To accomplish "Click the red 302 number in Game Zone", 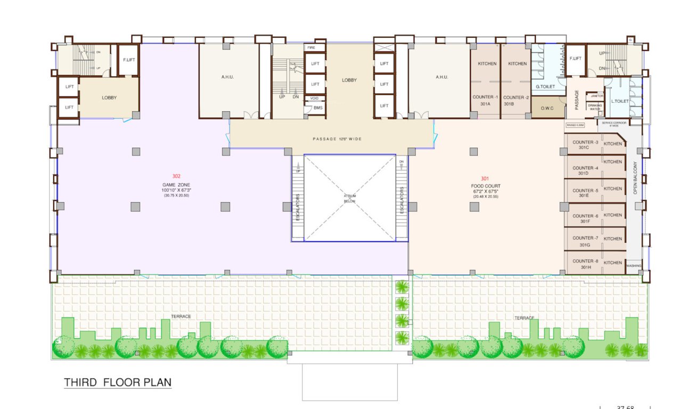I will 176,176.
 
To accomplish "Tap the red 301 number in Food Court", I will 485,178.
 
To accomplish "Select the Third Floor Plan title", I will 118,382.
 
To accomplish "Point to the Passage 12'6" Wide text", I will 337,139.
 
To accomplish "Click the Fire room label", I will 314,48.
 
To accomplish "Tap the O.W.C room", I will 548,108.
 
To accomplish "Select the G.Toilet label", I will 545,86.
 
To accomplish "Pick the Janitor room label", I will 596,96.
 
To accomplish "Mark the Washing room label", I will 634,266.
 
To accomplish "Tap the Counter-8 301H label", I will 585,264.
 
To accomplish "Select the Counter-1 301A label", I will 485,101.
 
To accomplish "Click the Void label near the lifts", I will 314,98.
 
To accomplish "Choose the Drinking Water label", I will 595,107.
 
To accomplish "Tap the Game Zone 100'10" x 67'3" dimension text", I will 176,190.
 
